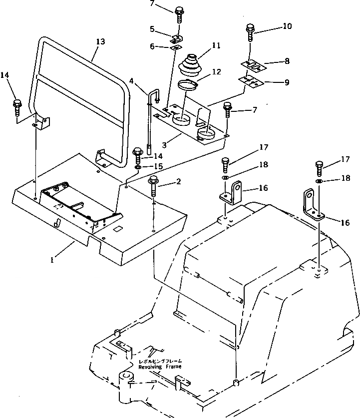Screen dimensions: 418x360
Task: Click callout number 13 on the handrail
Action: coord(100,42)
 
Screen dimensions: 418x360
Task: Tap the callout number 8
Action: coord(287,61)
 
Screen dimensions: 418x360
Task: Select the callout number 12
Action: coord(216,72)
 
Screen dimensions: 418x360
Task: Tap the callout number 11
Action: coord(216,45)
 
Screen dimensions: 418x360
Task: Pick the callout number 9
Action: coord(287,82)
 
